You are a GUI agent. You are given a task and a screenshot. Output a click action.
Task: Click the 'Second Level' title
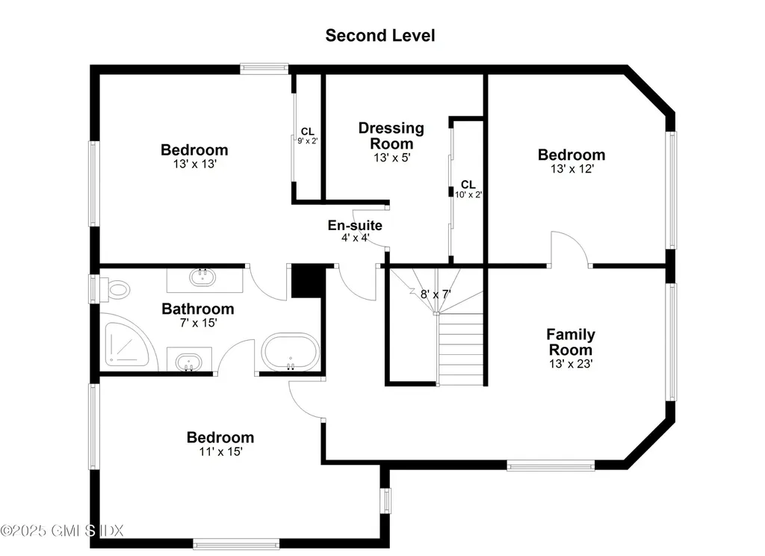point(380,36)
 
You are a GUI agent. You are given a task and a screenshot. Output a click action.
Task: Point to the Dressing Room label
point(391,136)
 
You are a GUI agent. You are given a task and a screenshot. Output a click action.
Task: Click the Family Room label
point(570,342)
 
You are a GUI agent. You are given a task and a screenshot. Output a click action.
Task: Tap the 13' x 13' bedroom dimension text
point(195,164)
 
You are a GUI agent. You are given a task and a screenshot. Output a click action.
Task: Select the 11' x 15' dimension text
point(220,451)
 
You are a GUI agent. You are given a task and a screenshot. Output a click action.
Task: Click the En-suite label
point(355,225)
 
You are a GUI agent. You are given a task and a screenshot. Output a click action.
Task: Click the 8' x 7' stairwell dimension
point(436,294)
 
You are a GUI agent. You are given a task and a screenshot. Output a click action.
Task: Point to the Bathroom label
point(197,309)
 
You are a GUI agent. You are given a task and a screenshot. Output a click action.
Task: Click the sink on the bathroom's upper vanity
point(202,277)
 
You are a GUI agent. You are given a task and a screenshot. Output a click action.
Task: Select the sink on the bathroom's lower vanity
point(189,362)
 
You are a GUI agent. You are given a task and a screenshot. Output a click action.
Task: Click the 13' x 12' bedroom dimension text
point(572,169)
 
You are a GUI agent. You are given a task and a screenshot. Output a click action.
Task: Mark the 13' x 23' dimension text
point(571,364)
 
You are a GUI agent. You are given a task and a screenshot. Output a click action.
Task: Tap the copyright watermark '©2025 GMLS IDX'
point(62,530)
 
